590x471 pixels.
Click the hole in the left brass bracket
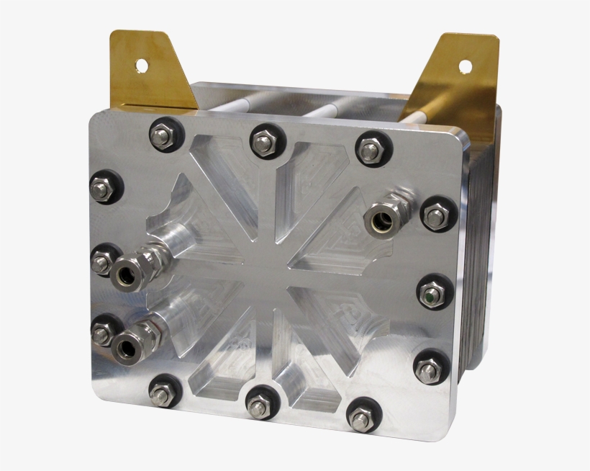141,66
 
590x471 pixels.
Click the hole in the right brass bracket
464,66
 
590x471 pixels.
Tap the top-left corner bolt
161,136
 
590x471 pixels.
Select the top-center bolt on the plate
263,142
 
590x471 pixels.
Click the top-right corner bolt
371,150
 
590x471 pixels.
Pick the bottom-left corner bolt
161,392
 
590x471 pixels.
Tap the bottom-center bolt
258,404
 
